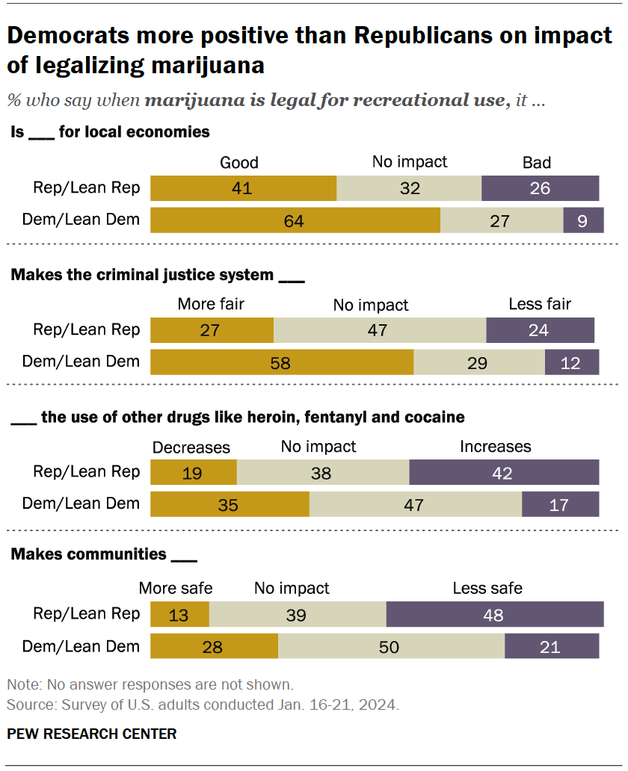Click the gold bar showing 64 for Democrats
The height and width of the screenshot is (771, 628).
click(295, 220)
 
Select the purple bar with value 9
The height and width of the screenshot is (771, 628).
click(581, 220)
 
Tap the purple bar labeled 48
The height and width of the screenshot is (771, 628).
click(495, 614)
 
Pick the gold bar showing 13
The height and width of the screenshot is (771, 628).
click(180, 614)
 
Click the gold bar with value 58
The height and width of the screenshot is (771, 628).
click(282, 362)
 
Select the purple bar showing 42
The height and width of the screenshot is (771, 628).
click(504, 473)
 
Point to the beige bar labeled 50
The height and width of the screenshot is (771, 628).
click(391, 646)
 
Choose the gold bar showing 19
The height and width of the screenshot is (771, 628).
click(194, 473)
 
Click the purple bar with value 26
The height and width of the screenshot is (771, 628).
click(540, 188)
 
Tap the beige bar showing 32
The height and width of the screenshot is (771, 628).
click(409, 188)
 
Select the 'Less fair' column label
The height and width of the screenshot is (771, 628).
click(539, 304)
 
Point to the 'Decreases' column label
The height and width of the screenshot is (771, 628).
click(191, 447)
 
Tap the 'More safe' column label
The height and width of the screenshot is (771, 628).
click(176, 589)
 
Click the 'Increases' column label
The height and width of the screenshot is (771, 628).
click(495, 447)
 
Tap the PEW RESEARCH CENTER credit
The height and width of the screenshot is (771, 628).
click(92, 734)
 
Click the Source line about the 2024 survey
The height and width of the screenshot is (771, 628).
click(202, 704)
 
